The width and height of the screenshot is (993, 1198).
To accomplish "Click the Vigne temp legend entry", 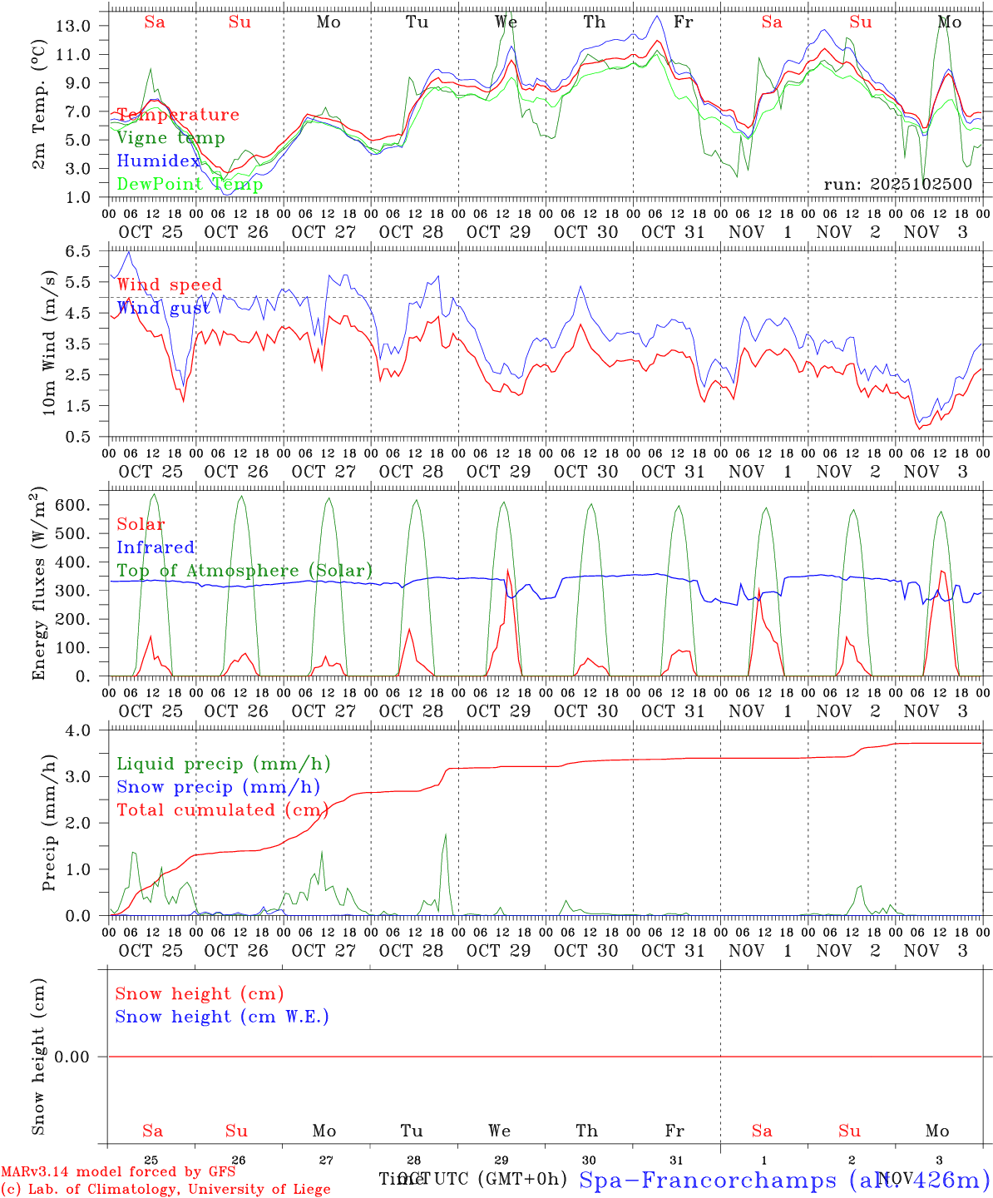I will point(170,138).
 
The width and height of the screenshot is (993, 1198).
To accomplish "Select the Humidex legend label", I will point(158,161).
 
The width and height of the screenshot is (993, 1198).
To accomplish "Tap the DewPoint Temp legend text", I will point(190,185).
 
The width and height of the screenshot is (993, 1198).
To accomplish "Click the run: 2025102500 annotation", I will point(897,185).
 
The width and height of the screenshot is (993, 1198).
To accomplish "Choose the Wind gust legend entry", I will point(163,309).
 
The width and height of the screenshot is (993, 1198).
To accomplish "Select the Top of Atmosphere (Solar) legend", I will point(245,571).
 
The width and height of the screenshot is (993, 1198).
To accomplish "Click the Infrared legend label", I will point(156,547).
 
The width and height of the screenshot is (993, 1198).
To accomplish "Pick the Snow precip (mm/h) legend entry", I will point(218,787).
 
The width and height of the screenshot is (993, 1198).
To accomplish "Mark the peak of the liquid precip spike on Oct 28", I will point(446,834).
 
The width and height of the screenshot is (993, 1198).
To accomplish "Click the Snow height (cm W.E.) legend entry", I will point(222,1017).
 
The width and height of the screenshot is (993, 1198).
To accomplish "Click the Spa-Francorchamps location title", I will point(784,1180).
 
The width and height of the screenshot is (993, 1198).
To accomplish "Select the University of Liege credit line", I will point(165,1190).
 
